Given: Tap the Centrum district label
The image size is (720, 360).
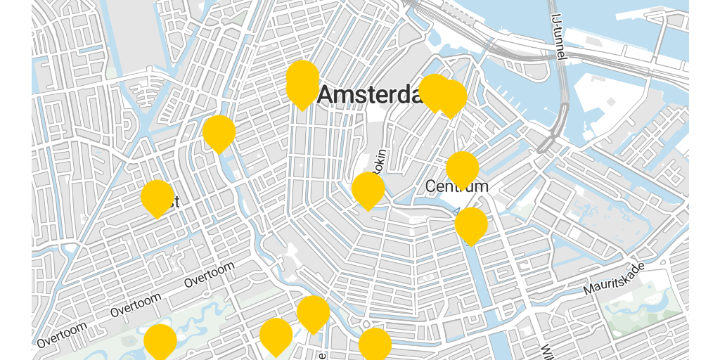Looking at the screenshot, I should (456, 186).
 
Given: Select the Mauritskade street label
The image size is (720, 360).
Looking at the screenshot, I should (614, 279).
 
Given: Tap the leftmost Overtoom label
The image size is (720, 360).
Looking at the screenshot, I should (63, 334).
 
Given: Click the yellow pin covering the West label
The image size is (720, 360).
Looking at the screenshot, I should (157, 198).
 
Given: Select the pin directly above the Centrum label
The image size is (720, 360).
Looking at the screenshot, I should (463, 169).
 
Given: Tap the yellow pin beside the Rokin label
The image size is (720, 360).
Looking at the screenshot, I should (368, 190).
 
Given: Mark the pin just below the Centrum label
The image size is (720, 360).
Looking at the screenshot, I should (471, 225).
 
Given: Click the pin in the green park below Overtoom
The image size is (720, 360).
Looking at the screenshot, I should (160, 342).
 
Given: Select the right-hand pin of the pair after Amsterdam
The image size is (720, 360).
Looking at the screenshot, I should (451, 97).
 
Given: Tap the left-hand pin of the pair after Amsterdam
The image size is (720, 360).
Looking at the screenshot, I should (435, 91).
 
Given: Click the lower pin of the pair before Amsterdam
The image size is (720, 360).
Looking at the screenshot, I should (302, 90).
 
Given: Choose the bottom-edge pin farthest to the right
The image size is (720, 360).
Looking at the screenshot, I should (375, 345).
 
